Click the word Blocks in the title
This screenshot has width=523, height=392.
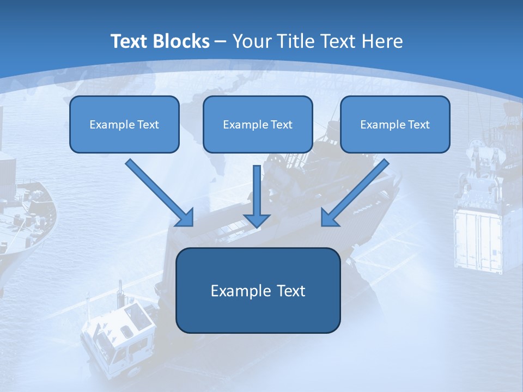coord(182,41)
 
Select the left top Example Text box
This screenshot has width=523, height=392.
coord(124,124)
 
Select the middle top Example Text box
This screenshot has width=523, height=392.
coord(258,124)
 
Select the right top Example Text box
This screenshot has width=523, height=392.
coord(395,124)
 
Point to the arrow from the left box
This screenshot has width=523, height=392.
coord(158,192)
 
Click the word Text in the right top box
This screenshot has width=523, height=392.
coord(418,125)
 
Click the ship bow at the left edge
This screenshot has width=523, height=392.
coord(27,218)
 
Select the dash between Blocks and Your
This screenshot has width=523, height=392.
coord(221,42)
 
